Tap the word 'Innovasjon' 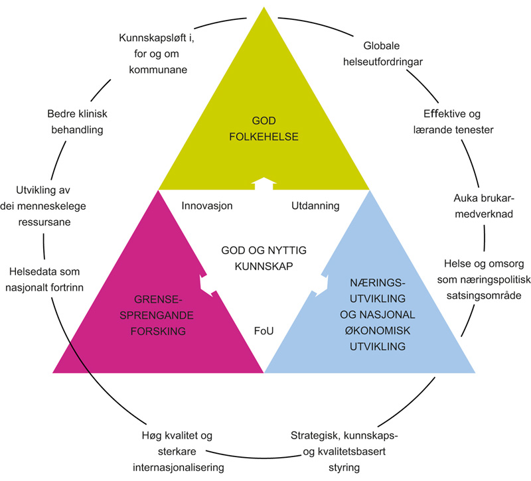(x=207, y=206)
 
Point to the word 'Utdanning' (x=315, y=206)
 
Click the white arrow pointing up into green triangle (x=264, y=182)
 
